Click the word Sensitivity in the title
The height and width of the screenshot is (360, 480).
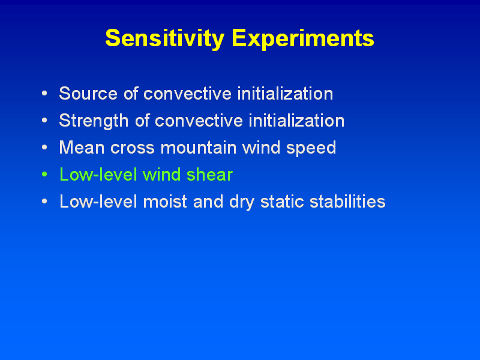coord(164,38)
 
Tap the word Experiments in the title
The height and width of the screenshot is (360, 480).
coord(303,38)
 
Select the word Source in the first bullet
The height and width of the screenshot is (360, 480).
coord(88,94)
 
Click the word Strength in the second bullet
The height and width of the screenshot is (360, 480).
coord(94,121)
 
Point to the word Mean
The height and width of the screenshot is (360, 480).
coord(82,148)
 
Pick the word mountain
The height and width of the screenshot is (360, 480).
coord(199,148)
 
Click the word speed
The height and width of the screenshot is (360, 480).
coord(311,148)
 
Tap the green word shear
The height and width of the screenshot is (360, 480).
coord(209,175)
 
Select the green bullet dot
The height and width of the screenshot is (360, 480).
coord(44,175)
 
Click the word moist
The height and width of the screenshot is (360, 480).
coord(165,202)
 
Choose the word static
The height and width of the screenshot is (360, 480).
coord(282,202)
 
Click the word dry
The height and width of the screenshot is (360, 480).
coord(242,203)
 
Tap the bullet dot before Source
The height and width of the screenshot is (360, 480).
coord(44,93)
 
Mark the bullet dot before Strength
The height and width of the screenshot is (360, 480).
coord(44,121)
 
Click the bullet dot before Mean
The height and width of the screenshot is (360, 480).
coord(44,147)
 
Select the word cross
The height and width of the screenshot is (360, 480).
coord(132,148)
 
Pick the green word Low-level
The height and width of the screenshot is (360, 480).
coord(98,175)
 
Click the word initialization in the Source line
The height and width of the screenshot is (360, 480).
coord(285,94)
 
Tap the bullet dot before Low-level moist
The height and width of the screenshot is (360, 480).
coord(44,202)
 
